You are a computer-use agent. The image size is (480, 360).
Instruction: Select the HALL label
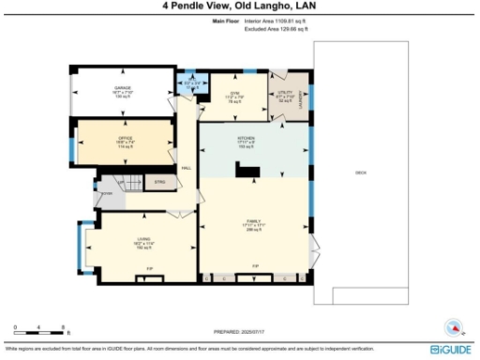pos(186,169)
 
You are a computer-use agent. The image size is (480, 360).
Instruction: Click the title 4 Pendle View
pos(239,7)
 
